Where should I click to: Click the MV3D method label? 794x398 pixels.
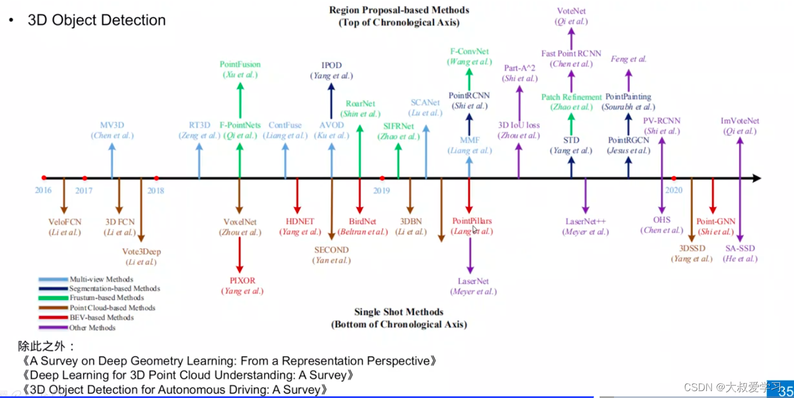[x=112, y=125]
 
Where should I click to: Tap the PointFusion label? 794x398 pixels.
[x=240, y=65]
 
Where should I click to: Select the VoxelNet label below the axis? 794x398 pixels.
[x=240, y=222]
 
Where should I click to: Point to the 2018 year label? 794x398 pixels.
[x=156, y=191]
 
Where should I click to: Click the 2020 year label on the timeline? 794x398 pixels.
[x=674, y=191]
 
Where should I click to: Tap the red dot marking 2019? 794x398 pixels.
[x=382, y=178]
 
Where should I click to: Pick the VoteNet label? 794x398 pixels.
[x=571, y=11]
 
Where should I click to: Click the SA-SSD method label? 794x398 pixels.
[x=740, y=249]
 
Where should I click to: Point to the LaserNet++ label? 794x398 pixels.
[x=585, y=222]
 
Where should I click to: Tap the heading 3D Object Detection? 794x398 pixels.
[x=96, y=20]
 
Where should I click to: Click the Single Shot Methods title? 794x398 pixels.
[x=398, y=312]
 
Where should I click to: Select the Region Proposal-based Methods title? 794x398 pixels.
[x=398, y=10]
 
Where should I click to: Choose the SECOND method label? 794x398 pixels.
[x=331, y=250]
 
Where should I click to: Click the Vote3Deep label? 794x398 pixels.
[x=142, y=251]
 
